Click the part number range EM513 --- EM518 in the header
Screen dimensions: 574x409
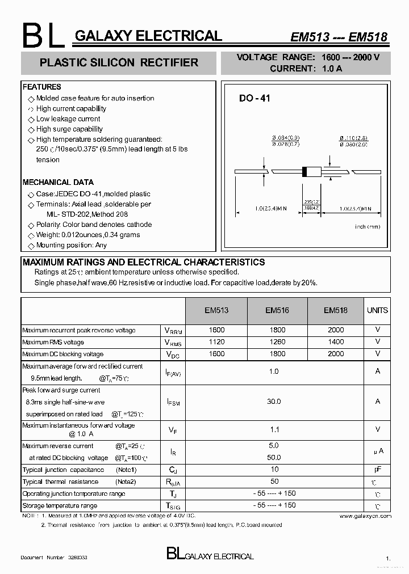[x=339, y=37]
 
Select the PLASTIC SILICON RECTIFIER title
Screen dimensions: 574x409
[x=119, y=62]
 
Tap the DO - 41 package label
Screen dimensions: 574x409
[x=254, y=98]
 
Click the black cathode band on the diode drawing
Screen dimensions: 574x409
[x=305, y=171]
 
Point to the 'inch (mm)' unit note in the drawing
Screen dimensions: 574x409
[x=366, y=226]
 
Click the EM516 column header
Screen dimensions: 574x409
[x=277, y=310]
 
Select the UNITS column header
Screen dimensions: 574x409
[x=377, y=310]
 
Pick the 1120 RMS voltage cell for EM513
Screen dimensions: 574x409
[x=216, y=342]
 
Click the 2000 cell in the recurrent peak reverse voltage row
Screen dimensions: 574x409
[x=336, y=330]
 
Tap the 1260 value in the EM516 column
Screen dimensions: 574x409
[x=277, y=342]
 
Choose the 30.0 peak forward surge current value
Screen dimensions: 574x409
[x=274, y=402]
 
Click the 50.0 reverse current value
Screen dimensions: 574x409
[x=274, y=457]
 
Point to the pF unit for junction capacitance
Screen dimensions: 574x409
[x=377, y=470]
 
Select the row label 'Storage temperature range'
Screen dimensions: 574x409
[x=60, y=505]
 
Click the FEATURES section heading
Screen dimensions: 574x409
[x=41, y=87]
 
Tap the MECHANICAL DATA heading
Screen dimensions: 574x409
[x=58, y=182]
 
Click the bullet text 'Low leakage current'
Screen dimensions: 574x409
[x=68, y=119]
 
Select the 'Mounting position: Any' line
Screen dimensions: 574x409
[x=71, y=245]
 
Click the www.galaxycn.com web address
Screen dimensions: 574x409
[x=365, y=516]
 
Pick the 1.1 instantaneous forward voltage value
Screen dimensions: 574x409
[x=274, y=430]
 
